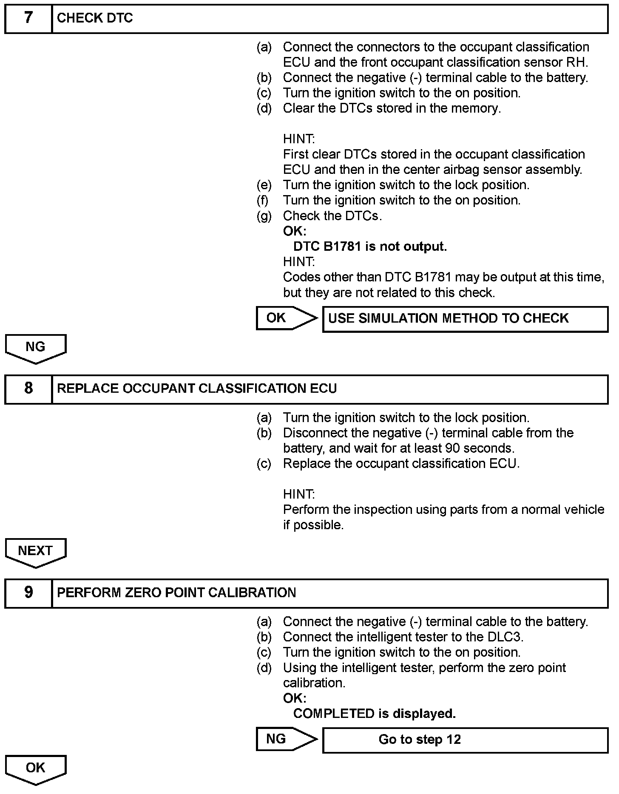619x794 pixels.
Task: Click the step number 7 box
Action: [x=28, y=18]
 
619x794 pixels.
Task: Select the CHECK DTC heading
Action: [x=95, y=18]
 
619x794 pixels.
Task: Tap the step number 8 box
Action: [x=28, y=388]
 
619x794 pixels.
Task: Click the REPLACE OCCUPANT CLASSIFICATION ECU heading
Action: [x=196, y=388]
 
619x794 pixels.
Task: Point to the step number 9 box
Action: [x=28, y=593]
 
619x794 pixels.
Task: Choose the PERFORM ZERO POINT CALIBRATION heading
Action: [x=176, y=593]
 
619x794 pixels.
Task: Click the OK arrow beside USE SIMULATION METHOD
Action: [x=286, y=318]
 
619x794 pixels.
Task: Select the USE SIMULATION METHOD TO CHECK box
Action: [x=465, y=319]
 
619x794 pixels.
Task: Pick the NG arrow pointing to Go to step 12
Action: [x=286, y=739]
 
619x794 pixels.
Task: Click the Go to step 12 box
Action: [x=465, y=740]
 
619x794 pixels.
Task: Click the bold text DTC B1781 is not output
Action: [x=370, y=247]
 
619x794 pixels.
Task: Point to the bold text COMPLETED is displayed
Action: [x=374, y=713]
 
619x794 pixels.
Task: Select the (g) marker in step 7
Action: [x=264, y=216]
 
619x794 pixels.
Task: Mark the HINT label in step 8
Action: [x=299, y=494]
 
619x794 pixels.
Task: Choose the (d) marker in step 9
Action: [x=264, y=668]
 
